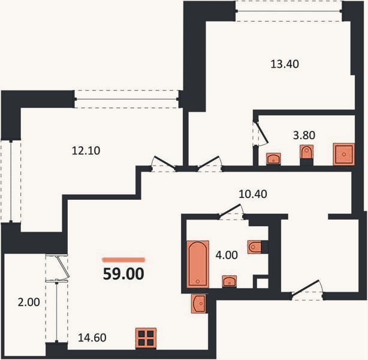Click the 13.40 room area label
[x=285, y=64]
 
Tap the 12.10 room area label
[x=86, y=151]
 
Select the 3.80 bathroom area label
[x=304, y=136]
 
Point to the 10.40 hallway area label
[x=253, y=194]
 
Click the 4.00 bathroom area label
[x=227, y=255]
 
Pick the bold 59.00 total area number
[x=123, y=274]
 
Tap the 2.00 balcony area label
[x=29, y=302]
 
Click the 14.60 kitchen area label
[x=92, y=338]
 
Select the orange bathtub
[x=198, y=264]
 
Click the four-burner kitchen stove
[x=146, y=338]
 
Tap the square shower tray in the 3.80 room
[x=344, y=154]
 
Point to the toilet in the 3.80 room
[x=307, y=152]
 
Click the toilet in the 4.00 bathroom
[x=254, y=247]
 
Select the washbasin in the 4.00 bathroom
[x=230, y=281]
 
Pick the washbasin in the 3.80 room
[x=273, y=159]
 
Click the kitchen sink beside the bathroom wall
[x=198, y=304]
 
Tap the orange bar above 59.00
[x=123, y=260]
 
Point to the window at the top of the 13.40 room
[x=289, y=11]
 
